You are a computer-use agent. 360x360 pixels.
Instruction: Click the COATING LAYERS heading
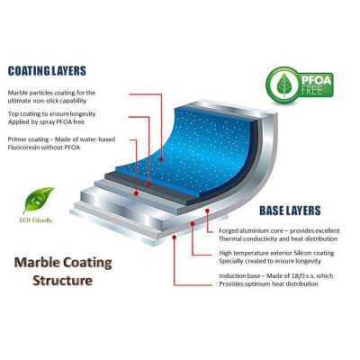click(x=47, y=71)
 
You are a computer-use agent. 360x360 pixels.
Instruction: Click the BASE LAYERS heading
click(x=290, y=211)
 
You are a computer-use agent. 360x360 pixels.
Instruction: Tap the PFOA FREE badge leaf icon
click(x=283, y=85)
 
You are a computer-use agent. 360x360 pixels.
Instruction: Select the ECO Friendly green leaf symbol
click(x=38, y=199)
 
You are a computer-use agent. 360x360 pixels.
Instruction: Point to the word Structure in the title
click(x=62, y=281)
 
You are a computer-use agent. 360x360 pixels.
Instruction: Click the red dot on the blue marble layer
click(x=161, y=159)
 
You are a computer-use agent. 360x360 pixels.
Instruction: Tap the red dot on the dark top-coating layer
click(x=149, y=184)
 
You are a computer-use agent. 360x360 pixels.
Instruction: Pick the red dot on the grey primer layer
click(x=136, y=193)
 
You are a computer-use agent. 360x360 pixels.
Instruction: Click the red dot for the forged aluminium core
click(x=207, y=211)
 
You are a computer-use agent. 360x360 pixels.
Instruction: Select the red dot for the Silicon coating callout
click(x=193, y=223)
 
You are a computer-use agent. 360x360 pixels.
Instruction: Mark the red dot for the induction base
click(x=175, y=238)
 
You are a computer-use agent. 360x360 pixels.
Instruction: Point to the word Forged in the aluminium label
click(x=229, y=231)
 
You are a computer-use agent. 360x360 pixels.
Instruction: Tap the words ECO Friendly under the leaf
click(x=36, y=220)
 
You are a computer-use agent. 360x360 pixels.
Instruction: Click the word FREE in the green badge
click(x=312, y=89)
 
